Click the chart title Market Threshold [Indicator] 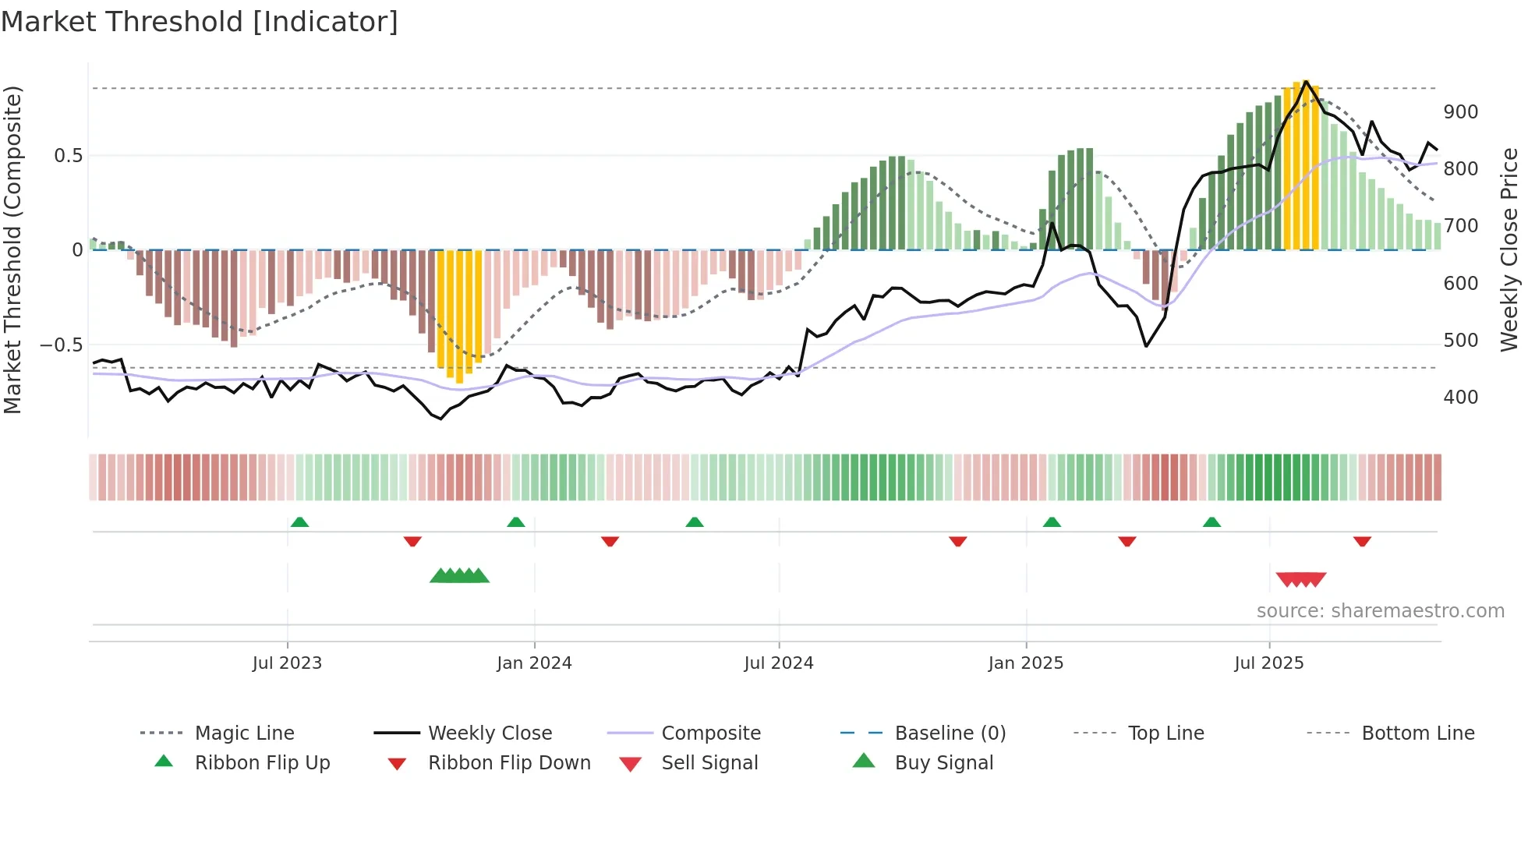pyautogui.click(x=200, y=22)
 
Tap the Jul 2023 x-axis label pyautogui.click(x=287, y=663)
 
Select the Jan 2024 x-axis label pyautogui.click(x=534, y=663)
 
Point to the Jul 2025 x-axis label pyautogui.click(x=1268, y=663)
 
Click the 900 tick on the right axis pyautogui.click(x=1460, y=112)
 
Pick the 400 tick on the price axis pyautogui.click(x=1460, y=398)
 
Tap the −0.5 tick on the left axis pyautogui.click(x=62, y=345)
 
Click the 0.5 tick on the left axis pyautogui.click(x=68, y=156)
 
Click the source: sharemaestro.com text pyautogui.click(x=1380, y=611)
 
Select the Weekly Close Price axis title pyautogui.click(x=1509, y=249)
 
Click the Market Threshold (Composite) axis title pyautogui.click(x=12, y=249)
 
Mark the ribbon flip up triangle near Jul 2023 pyautogui.click(x=299, y=521)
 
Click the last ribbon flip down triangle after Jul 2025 pyautogui.click(x=1362, y=541)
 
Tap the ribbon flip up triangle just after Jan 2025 pyautogui.click(x=1052, y=521)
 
